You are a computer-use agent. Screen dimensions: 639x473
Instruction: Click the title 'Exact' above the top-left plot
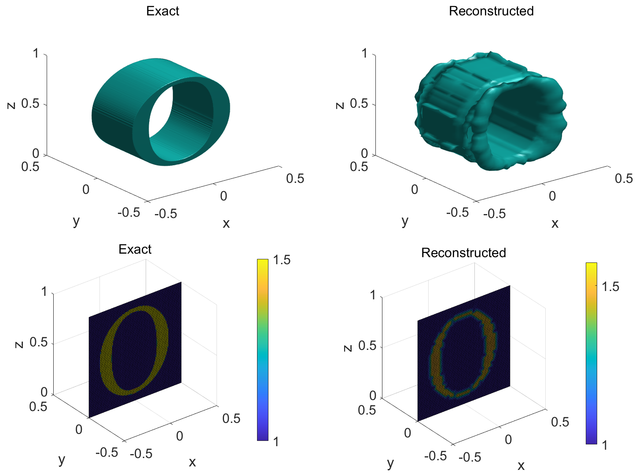(x=162, y=11)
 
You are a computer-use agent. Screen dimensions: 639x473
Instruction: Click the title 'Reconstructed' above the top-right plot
(x=491, y=11)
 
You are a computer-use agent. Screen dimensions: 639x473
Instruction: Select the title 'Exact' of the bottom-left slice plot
(x=135, y=249)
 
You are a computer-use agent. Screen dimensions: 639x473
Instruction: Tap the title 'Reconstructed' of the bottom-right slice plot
(x=463, y=253)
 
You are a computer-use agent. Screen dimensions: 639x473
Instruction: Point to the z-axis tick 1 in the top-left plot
(x=36, y=53)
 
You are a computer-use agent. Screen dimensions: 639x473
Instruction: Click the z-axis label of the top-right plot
(x=340, y=106)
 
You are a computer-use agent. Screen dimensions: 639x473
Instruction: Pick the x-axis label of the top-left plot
(x=226, y=223)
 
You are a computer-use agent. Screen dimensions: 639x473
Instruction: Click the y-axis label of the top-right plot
(x=405, y=221)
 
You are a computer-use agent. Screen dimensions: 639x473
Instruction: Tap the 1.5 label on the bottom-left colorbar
(x=282, y=260)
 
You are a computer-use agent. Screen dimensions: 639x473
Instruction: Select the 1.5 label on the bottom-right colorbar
(x=610, y=287)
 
